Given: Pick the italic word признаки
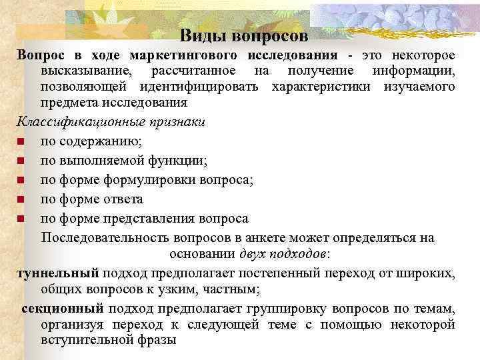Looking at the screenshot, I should [173, 123].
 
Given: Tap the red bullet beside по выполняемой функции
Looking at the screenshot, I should [21, 161].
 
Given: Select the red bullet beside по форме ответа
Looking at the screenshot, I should [21, 199].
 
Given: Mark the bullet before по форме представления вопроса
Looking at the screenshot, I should [21, 219].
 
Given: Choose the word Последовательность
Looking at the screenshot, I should [106, 238].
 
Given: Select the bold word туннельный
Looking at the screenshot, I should [58, 273].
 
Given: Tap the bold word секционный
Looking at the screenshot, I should [63, 308].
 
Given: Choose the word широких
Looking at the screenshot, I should [423, 273].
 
